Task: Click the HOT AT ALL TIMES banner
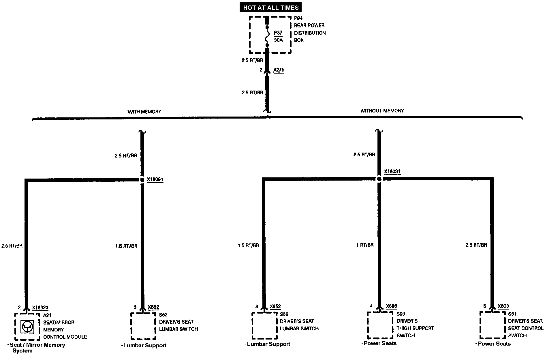pos(271,7)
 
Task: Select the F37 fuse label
pos(278,33)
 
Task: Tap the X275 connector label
pos(279,70)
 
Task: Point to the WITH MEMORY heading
pos(144,112)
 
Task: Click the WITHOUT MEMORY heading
pos(382,110)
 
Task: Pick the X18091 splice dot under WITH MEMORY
pos(142,180)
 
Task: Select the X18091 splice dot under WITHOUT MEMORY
pos(379,179)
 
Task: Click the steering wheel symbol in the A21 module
pos(28,327)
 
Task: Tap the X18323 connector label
pos(40,308)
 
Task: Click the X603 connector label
pos(503,306)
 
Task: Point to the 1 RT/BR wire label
pos(365,245)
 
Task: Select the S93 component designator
pos(401,314)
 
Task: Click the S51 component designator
pos(512,314)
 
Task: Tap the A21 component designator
pos(47,315)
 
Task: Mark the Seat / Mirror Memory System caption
pos(36,348)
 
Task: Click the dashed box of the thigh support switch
pos(380,325)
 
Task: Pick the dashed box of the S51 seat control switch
pos(492,325)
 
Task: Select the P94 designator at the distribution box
pos(298,18)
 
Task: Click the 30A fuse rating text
pos(278,40)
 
